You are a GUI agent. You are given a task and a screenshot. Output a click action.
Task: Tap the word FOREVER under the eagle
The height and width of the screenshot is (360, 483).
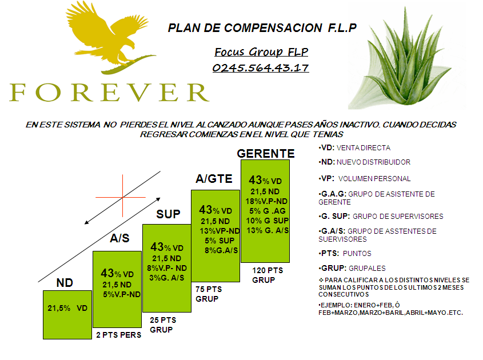(x=109, y=92)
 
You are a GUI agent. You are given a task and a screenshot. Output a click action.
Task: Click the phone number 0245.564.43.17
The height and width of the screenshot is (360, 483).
(x=261, y=68)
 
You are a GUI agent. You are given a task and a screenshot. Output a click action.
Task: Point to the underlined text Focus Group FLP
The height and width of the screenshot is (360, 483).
(x=261, y=52)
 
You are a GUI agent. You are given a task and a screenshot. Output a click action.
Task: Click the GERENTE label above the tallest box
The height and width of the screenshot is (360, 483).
(x=266, y=154)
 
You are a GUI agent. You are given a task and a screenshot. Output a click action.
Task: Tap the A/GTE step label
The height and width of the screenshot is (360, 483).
(x=214, y=179)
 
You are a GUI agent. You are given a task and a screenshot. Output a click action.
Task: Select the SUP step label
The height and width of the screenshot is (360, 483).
(x=168, y=214)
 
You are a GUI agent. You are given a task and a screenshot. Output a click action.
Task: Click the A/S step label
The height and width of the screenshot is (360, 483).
(x=119, y=239)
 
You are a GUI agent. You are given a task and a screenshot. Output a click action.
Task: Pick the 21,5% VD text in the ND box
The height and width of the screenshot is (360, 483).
(x=67, y=308)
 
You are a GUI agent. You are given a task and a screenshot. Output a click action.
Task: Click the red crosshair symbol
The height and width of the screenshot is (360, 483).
(x=123, y=198)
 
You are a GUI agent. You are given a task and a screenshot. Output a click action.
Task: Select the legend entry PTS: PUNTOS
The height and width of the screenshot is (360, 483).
(x=345, y=253)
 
